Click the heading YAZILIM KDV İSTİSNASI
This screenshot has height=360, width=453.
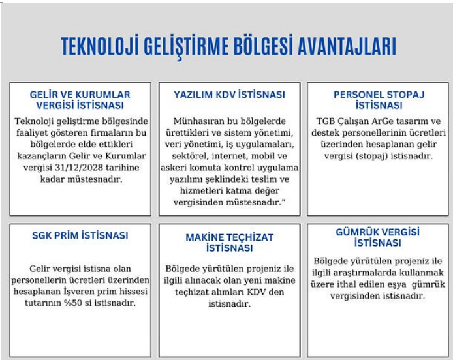tap(229, 95)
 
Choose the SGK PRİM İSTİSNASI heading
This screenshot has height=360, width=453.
tap(80, 235)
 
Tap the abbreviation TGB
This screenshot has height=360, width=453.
tap(325, 121)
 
